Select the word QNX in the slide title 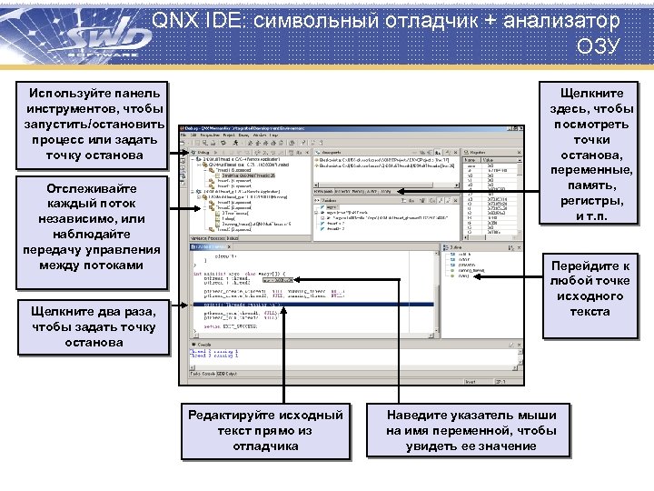click(173, 19)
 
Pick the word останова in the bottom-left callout click(94, 343)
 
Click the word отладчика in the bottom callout click(265, 446)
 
